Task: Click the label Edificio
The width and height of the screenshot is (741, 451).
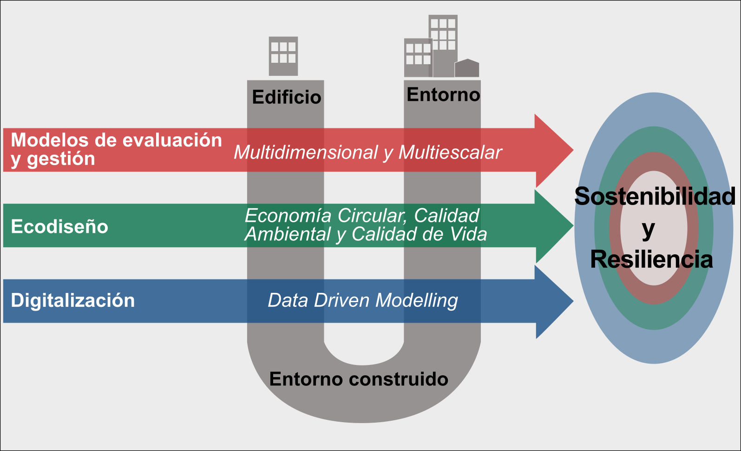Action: [286, 97]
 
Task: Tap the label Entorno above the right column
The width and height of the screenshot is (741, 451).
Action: [443, 94]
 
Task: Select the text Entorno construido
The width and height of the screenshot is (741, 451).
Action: [359, 379]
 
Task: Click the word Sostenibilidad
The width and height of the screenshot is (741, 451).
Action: [655, 196]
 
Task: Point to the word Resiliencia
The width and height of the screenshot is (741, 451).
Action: [651, 259]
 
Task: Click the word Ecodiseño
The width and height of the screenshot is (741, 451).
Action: [59, 226]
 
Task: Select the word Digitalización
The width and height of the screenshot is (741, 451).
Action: [73, 300]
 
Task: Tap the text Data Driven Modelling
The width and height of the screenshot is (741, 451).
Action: [363, 300]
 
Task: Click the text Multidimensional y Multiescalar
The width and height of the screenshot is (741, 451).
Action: [367, 152]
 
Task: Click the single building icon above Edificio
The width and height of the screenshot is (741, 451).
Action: [283, 56]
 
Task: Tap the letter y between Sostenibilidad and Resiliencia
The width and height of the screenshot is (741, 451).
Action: [649, 229]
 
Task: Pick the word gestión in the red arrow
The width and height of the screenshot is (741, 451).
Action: [61, 159]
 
